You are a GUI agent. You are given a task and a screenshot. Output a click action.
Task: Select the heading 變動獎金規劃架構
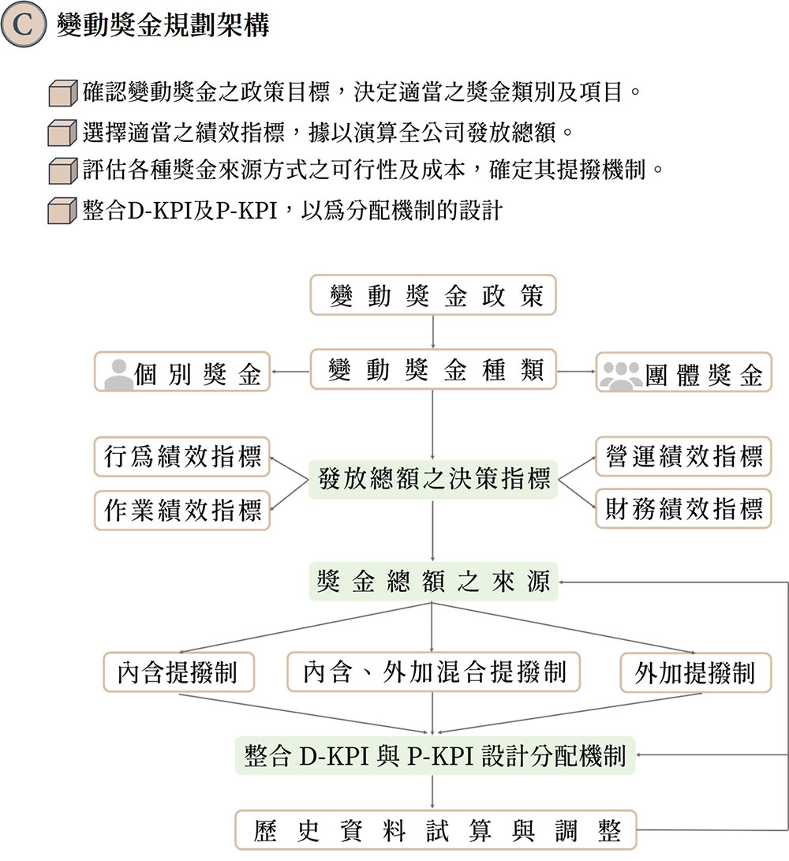163,26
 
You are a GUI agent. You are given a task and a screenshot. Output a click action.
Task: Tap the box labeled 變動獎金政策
432,295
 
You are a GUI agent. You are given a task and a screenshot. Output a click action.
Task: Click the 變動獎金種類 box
432,370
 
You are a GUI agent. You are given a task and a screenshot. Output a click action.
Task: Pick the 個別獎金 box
182,372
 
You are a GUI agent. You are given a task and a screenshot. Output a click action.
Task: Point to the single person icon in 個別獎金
119,374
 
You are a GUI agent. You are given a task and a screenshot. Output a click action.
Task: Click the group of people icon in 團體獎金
621,374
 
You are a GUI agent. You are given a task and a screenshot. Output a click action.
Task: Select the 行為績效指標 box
182,457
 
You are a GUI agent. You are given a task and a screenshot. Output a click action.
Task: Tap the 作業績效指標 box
182,510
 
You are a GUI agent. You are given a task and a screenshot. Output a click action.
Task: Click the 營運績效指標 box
683,457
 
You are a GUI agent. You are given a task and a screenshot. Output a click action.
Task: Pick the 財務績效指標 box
683,509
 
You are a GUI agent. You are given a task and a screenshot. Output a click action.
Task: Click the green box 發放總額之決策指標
432,479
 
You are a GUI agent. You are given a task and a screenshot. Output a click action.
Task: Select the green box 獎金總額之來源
432,582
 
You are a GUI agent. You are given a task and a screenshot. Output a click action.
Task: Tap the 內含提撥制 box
181,672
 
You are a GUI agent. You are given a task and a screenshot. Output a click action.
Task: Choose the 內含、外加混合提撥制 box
433,672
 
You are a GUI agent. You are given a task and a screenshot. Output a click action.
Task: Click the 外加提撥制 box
695,673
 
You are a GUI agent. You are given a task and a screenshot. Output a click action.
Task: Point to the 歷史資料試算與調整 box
436,830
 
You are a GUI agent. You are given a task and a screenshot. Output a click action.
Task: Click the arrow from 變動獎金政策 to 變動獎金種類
433,332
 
